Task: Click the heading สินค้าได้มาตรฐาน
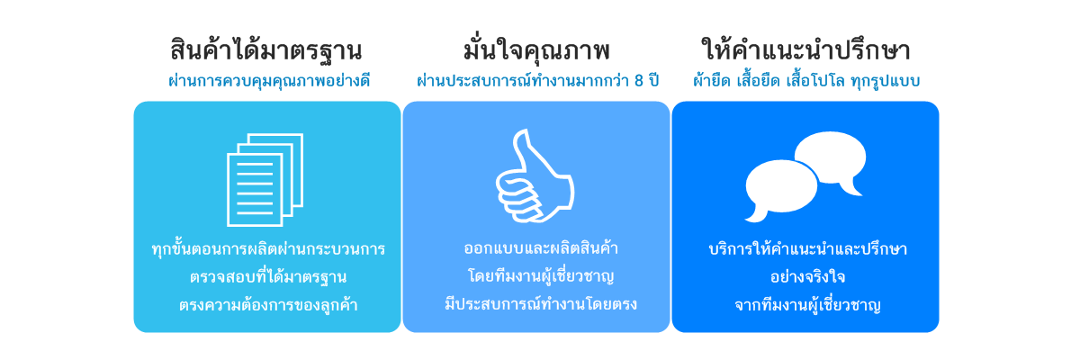pos(266,49)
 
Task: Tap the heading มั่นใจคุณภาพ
pos(536,49)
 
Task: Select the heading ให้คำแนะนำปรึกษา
pos(805,49)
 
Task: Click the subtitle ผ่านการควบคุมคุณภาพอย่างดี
pos(269,80)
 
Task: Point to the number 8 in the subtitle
pos(639,80)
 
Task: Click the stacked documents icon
pos(265,180)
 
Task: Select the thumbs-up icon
pos(535,175)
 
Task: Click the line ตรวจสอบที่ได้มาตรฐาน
pos(268,276)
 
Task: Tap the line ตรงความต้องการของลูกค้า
pos(268,304)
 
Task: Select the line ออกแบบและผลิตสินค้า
pos(541,247)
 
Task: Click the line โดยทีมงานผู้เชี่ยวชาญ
pos(541,276)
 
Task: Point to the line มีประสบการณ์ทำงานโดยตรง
pos(541,303)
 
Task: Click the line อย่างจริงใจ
pos(807,276)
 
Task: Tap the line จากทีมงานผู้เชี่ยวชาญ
pos(807,304)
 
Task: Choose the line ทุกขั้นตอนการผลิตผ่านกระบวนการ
pos(268,248)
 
